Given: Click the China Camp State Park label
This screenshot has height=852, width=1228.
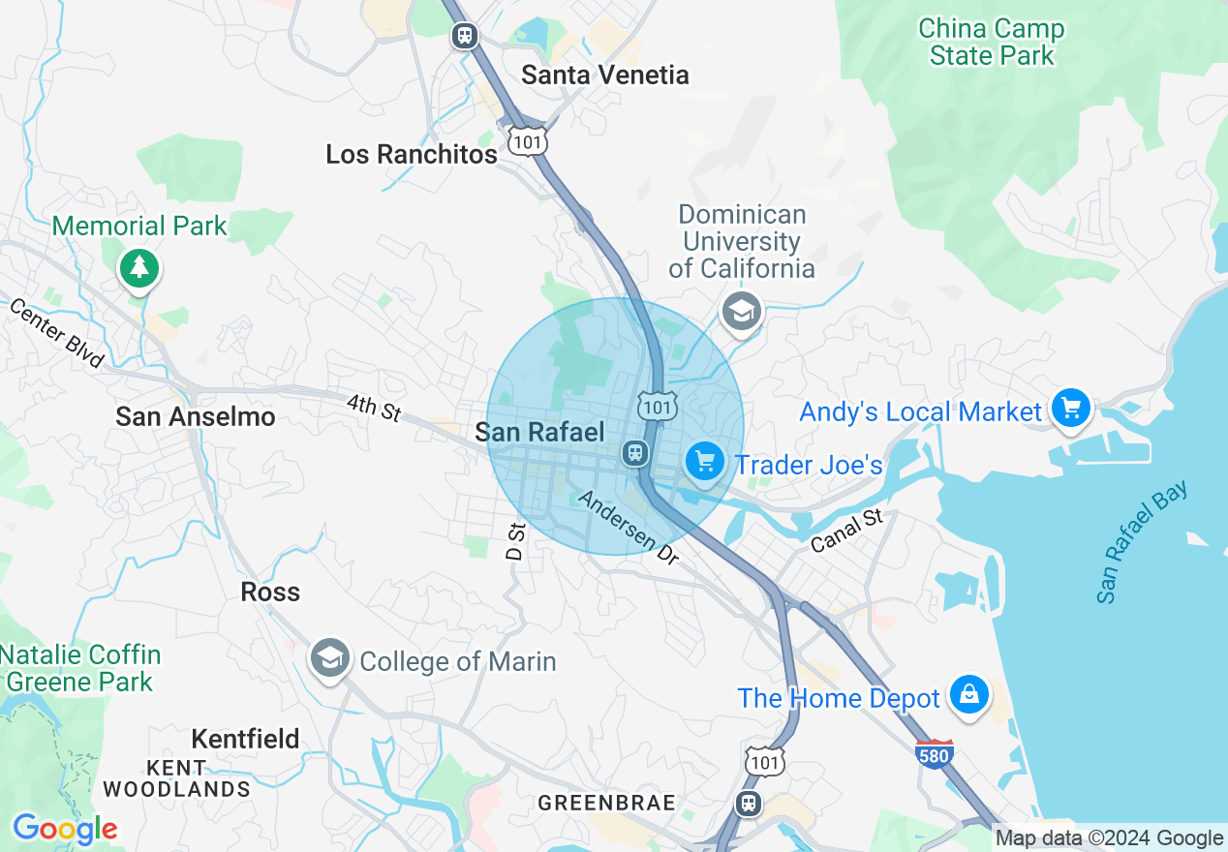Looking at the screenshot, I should [991, 43].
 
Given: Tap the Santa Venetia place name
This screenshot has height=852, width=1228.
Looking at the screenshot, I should [605, 75].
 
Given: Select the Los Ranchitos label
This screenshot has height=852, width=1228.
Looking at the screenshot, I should [412, 154].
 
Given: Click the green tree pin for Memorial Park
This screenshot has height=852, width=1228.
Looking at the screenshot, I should [140, 266].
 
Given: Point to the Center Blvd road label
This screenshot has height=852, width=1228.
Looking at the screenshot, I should [56, 332].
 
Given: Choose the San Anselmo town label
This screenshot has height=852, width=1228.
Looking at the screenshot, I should [196, 416].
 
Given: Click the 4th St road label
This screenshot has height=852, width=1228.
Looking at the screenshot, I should [374, 408].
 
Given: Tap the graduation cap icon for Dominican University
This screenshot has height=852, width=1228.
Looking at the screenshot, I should [742, 311].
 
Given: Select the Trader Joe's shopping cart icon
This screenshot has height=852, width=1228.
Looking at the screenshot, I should [704, 461].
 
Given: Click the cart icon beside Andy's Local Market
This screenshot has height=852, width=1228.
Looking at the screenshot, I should [1071, 409].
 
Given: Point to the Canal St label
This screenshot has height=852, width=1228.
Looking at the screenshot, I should [847, 532].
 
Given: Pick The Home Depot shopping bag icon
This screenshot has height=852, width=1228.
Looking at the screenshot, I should [968, 694].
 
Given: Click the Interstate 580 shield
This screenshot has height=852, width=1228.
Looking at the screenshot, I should [934, 753].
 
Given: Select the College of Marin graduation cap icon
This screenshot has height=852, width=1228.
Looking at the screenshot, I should [329, 659].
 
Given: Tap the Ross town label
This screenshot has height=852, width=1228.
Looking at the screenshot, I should [270, 592].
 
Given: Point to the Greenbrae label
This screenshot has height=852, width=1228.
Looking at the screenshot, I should [606, 803].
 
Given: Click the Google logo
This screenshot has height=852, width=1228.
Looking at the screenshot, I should [65, 829].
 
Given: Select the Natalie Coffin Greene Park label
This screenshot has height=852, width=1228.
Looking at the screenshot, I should [79, 668].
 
